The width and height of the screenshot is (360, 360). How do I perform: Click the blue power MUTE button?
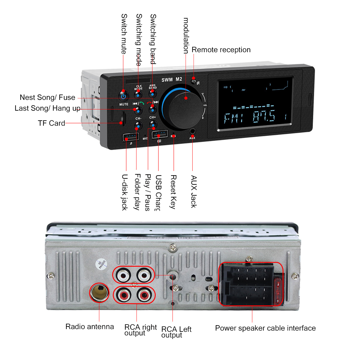(x=123, y=96)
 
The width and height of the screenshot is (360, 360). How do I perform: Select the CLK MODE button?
(x=138, y=95)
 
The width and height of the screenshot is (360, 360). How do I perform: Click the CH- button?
(x=138, y=125)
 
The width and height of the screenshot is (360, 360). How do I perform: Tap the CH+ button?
(x=153, y=124)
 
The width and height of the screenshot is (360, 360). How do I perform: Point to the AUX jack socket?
(x=192, y=131)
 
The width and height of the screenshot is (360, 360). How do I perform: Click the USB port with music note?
(x=130, y=137)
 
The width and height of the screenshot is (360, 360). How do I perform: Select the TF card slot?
(x=123, y=118)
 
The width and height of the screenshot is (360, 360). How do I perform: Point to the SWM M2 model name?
(x=172, y=79)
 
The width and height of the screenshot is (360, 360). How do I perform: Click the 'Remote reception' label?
(x=221, y=50)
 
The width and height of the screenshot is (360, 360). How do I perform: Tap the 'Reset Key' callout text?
(x=173, y=192)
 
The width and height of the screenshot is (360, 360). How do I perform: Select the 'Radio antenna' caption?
(x=90, y=327)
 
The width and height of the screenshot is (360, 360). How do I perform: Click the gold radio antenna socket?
(x=99, y=292)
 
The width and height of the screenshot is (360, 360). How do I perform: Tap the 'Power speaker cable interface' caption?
(x=265, y=328)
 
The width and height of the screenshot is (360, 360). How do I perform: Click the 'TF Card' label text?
(x=51, y=123)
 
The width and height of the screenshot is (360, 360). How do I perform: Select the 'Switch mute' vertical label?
(x=124, y=34)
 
